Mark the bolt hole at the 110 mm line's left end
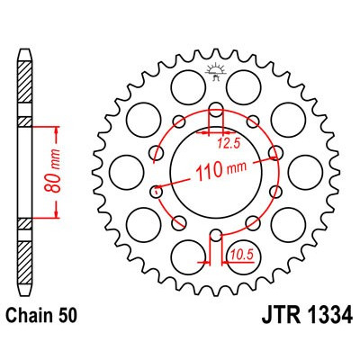point(157,190)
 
